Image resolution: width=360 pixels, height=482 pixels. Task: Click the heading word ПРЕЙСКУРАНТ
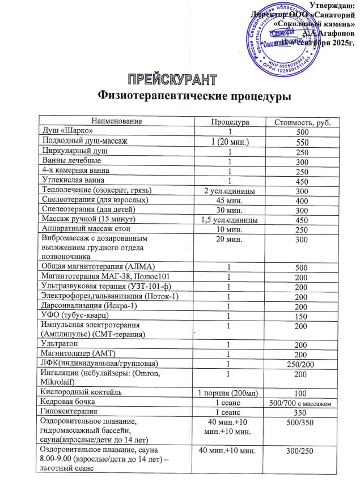coord(171,78)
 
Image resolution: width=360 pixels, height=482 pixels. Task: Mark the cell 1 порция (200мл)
coord(230,393)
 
